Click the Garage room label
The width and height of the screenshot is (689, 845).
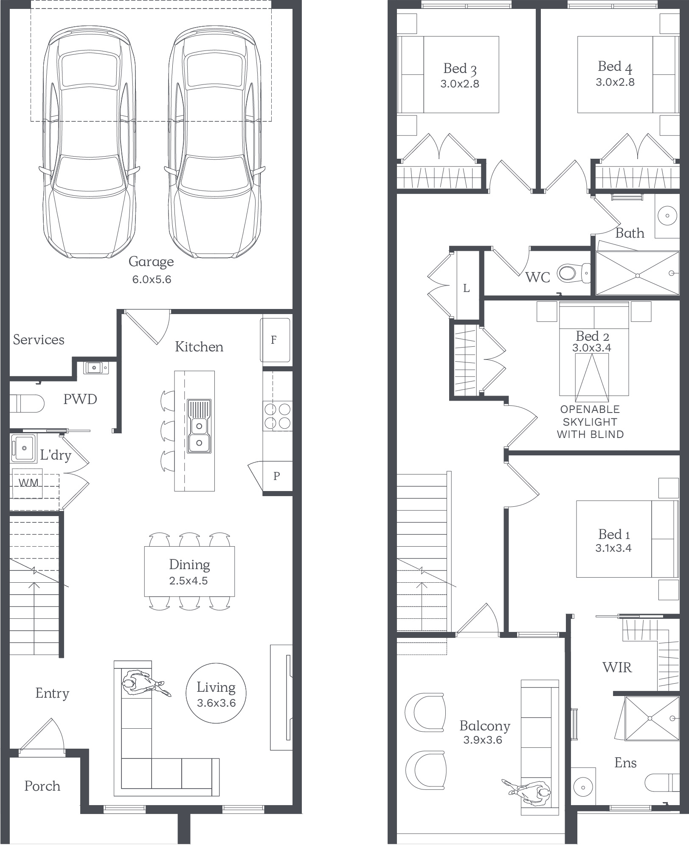[x=151, y=261]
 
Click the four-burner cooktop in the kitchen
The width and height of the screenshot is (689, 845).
[x=278, y=416]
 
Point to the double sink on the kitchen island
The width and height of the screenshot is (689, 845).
[x=199, y=426]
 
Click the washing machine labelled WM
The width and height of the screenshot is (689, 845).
[x=28, y=483]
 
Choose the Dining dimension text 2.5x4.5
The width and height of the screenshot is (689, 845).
[x=188, y=581]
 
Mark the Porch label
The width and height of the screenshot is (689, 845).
[x=42, y=786]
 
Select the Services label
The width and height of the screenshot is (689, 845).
[x=39, y=340]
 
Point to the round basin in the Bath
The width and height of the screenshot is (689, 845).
[x=667, y=216]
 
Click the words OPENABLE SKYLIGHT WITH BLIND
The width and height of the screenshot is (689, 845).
[x=590, y=422]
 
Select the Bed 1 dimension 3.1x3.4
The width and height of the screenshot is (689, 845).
[x=613, y=548]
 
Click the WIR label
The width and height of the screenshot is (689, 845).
[x=617, y=667]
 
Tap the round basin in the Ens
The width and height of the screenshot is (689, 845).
[x=583, y=787]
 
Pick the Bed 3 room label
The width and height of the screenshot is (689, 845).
[x=460, y=68]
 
